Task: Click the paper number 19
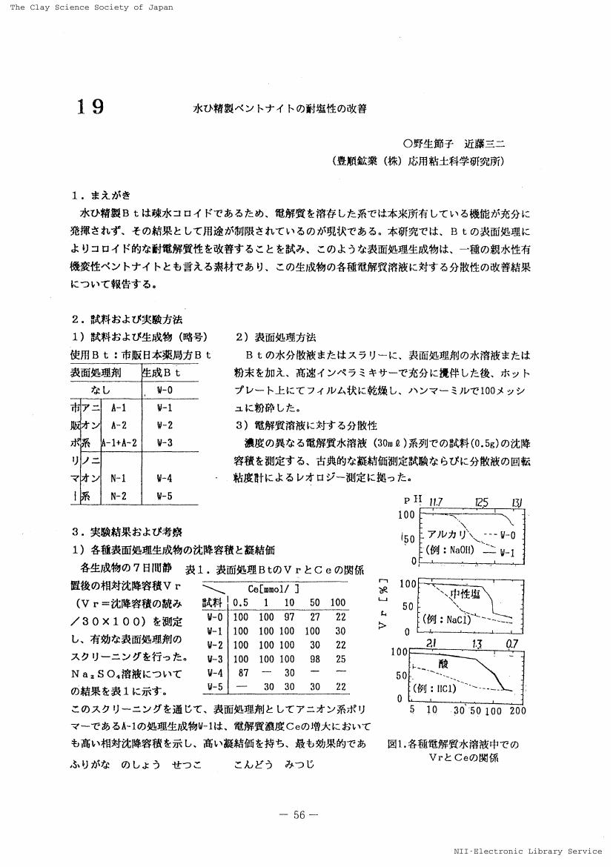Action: [x=90, y=107]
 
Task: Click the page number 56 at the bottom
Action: [x=299, y=814]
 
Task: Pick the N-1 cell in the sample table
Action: [x=119, y=479]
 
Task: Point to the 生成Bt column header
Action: [x=162, y=373]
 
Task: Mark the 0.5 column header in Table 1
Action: [x=240, y=602]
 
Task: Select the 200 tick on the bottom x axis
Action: [x=517, y=711]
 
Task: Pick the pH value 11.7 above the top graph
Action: [x=434, y=502]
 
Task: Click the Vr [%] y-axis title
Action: [x=383, y=602]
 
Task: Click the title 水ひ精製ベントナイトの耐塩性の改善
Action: [x=279, y=108]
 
